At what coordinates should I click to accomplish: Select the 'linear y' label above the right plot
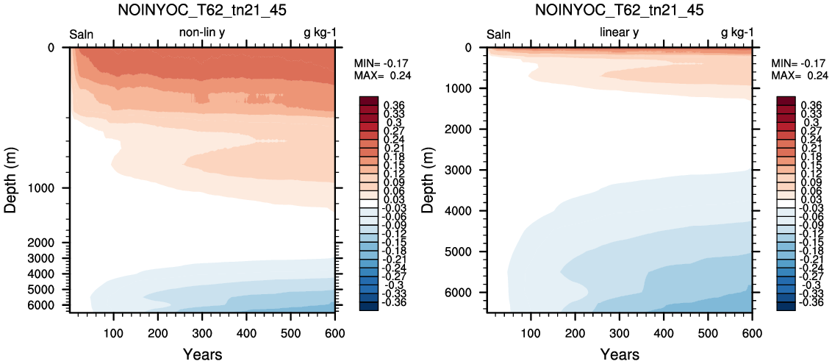[620, 34]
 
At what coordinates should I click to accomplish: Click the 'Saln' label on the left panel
[82, 35]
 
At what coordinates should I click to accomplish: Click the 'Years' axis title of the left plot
[202, 354]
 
